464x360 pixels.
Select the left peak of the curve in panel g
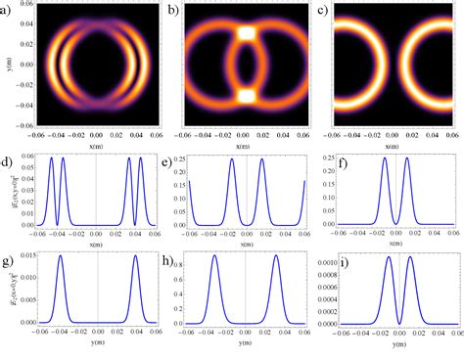pos(60,257)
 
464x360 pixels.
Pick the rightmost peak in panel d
pos(141,157)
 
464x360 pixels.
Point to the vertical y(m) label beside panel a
pos(6,66)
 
